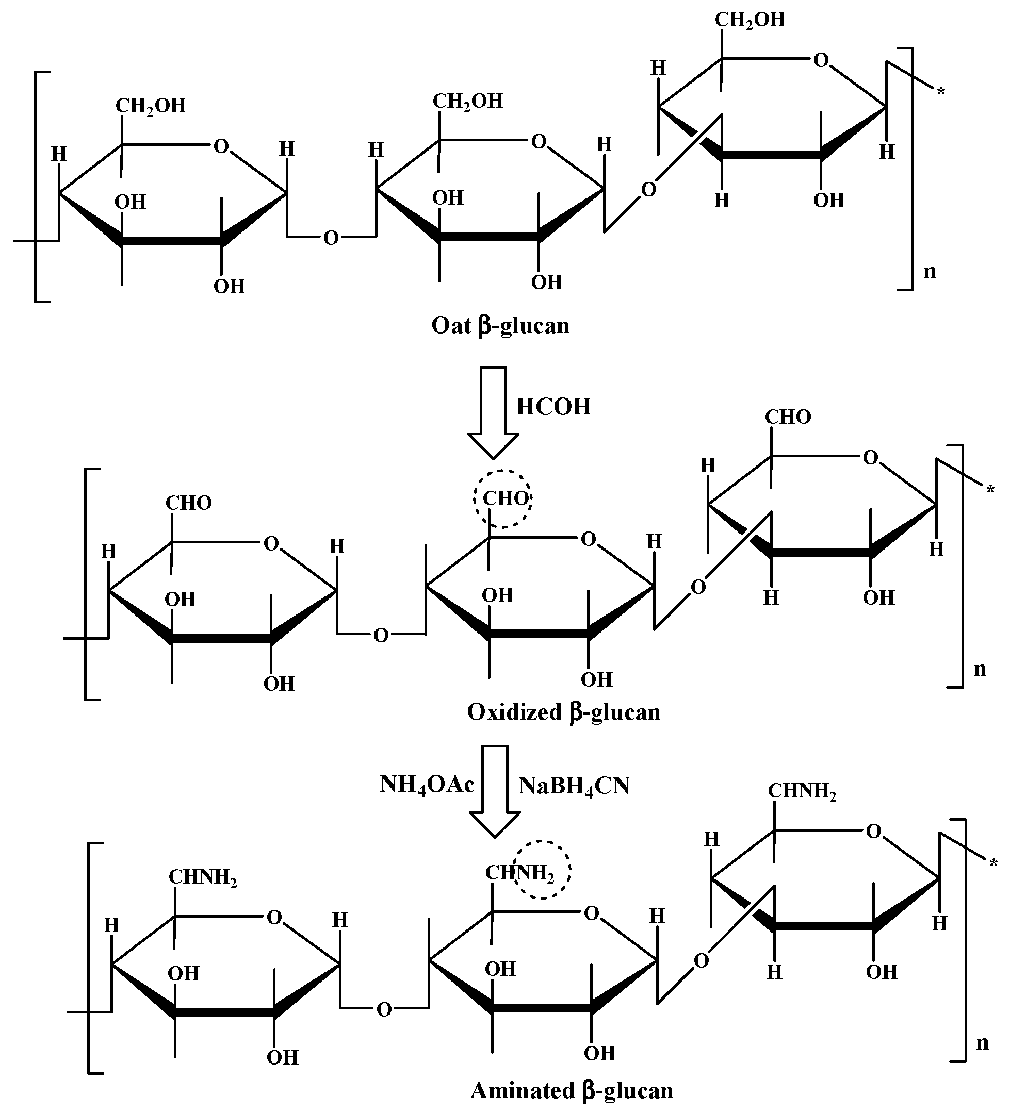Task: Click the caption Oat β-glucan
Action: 500,325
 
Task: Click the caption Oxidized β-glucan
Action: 563,712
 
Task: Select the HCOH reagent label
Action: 553,407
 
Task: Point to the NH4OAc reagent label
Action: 427,785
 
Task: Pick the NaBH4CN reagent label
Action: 574,786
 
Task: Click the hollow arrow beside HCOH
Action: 493,412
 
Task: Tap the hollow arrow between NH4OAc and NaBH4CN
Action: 495,791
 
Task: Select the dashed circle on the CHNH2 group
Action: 542,870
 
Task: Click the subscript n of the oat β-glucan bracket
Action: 930,271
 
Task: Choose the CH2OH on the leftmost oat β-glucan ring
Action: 151,106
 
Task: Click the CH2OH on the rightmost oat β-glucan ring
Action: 750,20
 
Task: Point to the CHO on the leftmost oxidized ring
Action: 188,503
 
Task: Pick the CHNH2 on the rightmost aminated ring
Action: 802,791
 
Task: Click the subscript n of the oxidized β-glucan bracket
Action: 980,669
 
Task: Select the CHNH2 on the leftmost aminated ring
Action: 202,877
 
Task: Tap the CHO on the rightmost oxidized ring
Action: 788,417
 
